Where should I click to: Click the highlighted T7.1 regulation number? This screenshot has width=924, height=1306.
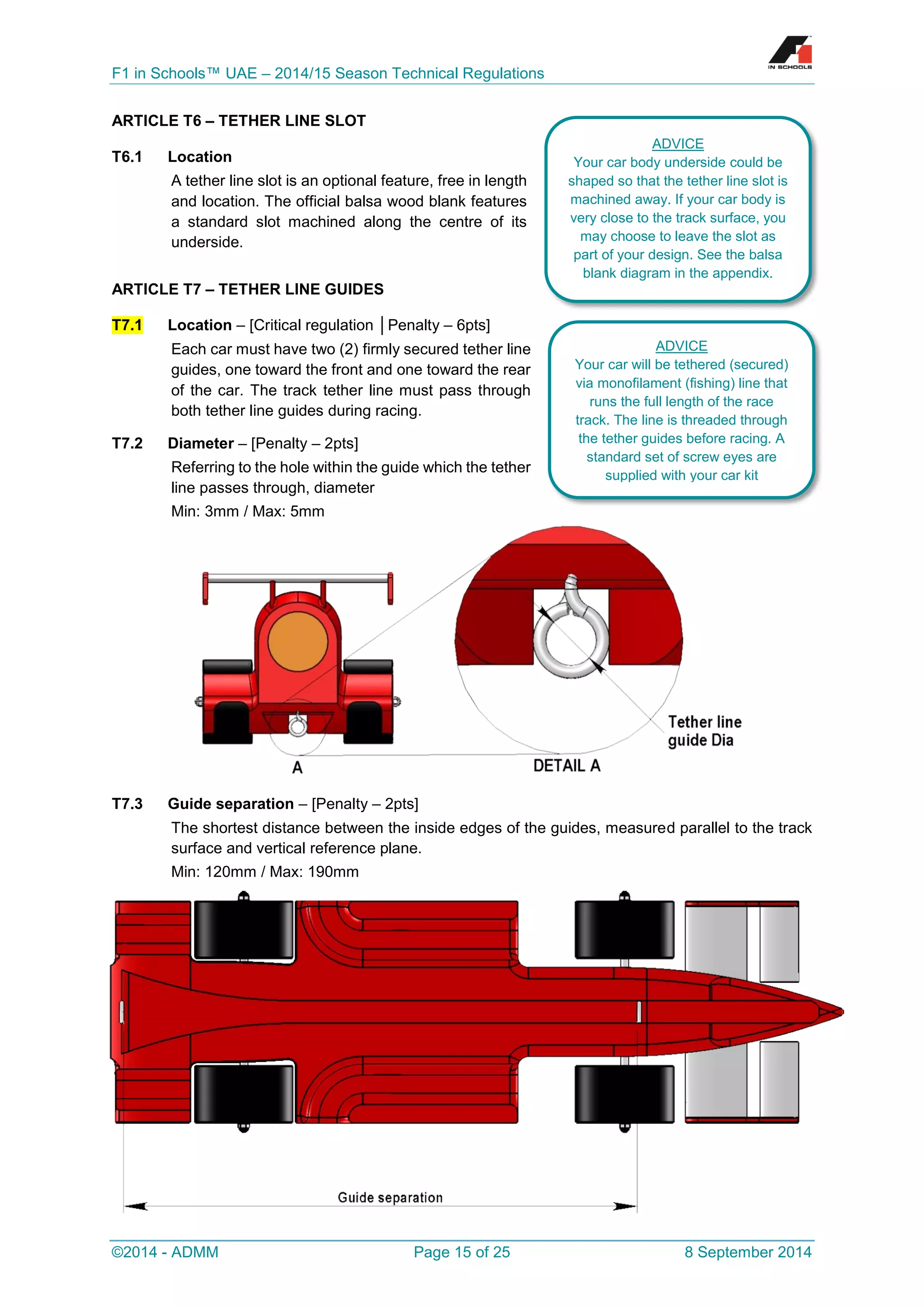[x=127, y=325]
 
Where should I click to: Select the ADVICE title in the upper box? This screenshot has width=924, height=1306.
[x=677, y=143]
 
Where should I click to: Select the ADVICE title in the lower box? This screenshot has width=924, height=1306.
[x=681, y=346]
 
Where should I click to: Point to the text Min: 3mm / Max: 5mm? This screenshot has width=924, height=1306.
[x=248, y=511]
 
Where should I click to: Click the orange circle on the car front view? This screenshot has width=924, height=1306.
[x=298, y=642]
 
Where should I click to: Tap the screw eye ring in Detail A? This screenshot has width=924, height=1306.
[x=571, y=640]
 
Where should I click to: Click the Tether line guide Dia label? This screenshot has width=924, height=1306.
[x=704, y=731]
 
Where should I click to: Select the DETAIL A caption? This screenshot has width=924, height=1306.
[x=566, y=766]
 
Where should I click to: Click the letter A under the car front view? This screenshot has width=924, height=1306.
[x=297, y=768]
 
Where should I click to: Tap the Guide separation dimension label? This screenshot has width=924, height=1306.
[x=390, y=1197]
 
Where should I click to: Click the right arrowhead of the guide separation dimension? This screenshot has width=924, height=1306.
[x=626, y=1206]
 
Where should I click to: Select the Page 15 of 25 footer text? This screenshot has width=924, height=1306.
[x=462, y=1252]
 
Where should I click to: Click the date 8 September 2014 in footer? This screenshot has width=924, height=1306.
[x=748, y=1252]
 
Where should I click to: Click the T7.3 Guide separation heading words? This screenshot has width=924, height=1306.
[x=231, y=804]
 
